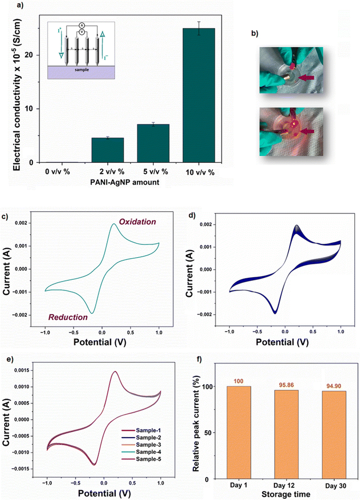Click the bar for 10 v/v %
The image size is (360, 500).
click(199, 95)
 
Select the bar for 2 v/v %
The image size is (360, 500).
click(108, 150)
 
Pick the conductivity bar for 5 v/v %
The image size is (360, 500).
click(153, 143)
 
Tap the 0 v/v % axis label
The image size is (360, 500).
click(58, 171)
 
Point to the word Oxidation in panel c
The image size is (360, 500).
click(137, 222)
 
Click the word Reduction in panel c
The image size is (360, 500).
click(68, 317)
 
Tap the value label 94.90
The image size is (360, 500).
click(334, 386)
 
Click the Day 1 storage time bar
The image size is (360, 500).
click(238, 433)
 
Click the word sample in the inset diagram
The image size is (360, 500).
click(82, 69)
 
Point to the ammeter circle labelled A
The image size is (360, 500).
click(82, 25)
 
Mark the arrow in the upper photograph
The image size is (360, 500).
click(306, 77)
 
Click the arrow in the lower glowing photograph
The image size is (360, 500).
click(306, 131)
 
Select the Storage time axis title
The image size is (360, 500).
click(286, 494)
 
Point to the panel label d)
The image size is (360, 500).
click(192, 215)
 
